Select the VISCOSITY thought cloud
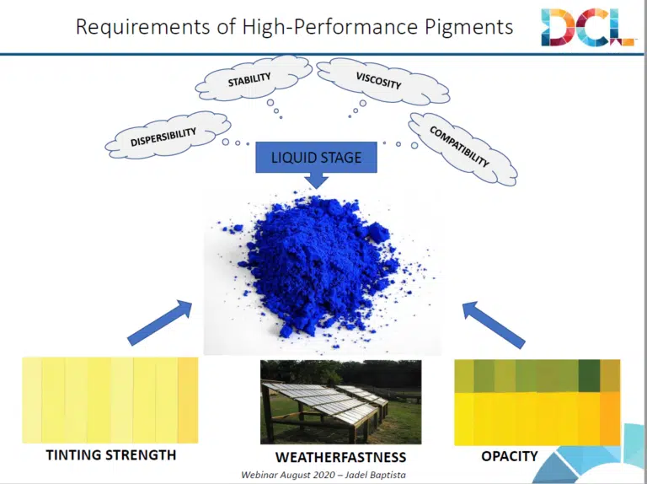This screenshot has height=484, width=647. pyautogui.click(x=379, y=79)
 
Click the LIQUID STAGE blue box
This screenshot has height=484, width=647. pyautogui.click(x=316, y=158)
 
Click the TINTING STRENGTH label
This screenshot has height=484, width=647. pyautogui.click(x=110, y=454)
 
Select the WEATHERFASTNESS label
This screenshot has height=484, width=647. pyautogui.click(x=340, y=457)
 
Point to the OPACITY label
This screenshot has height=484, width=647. pyautogui.click(x=509, y=455)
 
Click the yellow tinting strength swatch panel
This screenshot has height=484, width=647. pyautogui.click(x=110, y=400)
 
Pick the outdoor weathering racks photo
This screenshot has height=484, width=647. pyautogui.click(x=340, y=401)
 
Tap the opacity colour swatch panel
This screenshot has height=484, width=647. pyautogui.click(x=537, y=401)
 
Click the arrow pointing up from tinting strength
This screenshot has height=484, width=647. pyautogui.click(x=160, y=322)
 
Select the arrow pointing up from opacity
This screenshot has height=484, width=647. pyautogui.click(x=495, y=323)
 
